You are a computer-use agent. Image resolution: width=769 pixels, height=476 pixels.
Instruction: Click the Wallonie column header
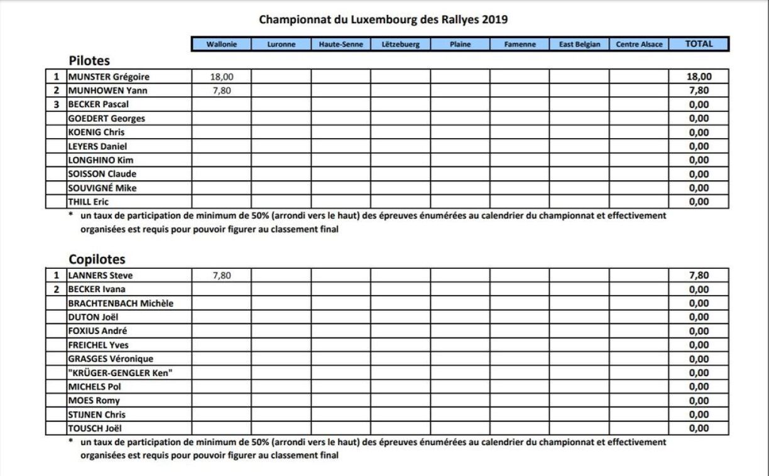tap(221, 45)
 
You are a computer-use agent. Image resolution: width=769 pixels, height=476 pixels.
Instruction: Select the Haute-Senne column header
tap(341, 45)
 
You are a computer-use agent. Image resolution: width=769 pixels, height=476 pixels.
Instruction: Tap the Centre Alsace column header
tap(639, 45)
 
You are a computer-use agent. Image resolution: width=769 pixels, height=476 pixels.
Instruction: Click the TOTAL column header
tap(699, 44)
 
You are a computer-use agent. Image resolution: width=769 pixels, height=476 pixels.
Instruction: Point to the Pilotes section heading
tap(89, 61)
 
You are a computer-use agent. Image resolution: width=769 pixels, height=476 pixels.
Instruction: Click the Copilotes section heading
tap(97, 259)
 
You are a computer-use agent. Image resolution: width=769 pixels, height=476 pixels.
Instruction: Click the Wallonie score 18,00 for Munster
tap(221, 77)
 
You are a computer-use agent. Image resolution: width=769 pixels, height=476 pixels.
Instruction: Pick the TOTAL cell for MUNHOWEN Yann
tap(699, 91)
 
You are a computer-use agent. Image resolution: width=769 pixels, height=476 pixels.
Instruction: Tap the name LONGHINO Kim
tap(101, 160)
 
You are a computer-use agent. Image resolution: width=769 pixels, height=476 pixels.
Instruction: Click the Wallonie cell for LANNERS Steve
tap(221, 276)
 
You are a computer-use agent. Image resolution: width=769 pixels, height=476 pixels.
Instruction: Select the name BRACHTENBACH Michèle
tap(121, 303)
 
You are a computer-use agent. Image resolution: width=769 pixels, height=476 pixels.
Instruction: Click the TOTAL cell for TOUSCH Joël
tap(699, 428)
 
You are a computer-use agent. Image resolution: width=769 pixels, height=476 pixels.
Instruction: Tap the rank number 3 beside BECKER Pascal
tap(57, 104)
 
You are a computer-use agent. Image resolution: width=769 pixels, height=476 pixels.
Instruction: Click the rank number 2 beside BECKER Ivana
tap(57, 289)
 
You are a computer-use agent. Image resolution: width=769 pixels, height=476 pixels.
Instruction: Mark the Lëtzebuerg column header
tap(400, 45)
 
